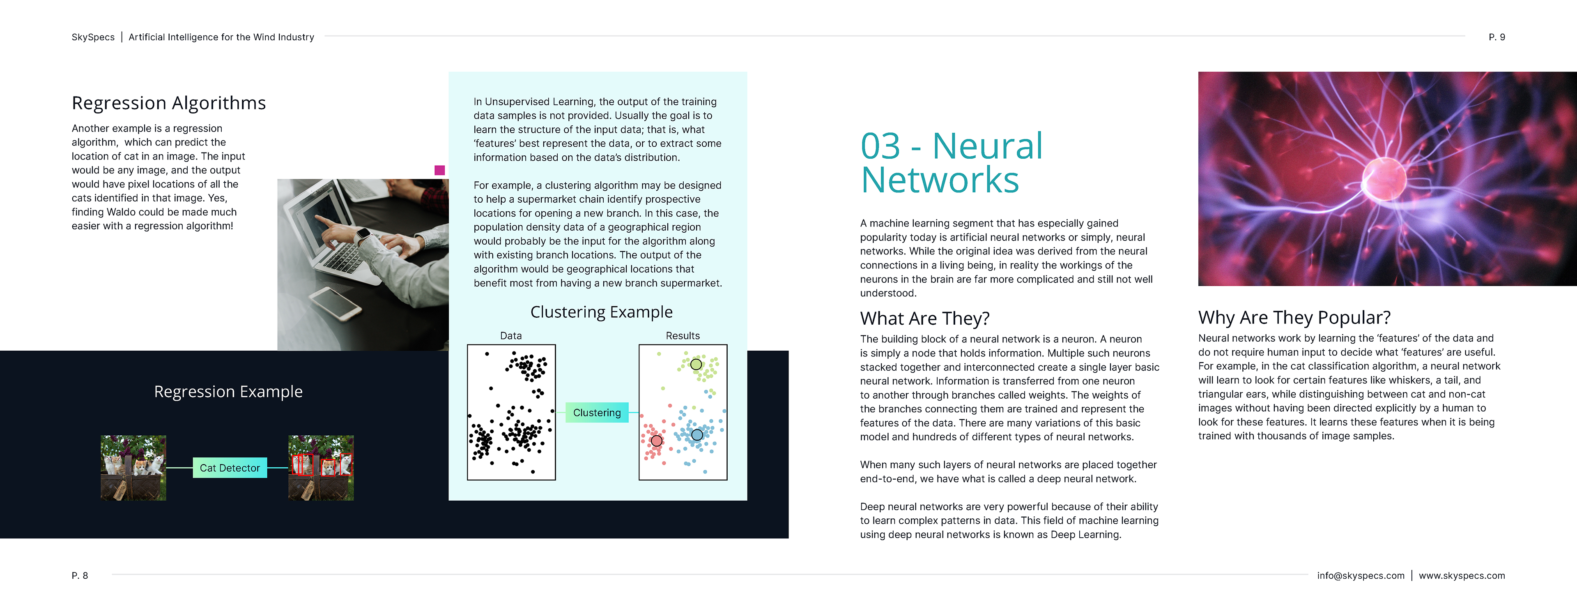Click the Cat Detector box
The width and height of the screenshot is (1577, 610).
pyautogui.click(x=230, y=468)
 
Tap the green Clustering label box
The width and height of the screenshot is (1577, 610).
pyautogui.click(x=596, y=413)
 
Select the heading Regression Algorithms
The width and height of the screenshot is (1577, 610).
pyautogui.click(x=169, y=103)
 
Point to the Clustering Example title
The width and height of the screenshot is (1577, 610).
pyautogui.click(x=601, y=312)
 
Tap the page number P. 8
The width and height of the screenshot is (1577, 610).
pyautogui.click(x=80, y=576)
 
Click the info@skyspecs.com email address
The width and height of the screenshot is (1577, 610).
pyautogui.click(x=1360, y=576)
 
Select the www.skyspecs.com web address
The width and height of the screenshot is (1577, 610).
pyautogui.click(x=1461, y=576)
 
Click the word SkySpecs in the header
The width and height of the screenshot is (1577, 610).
pyautogui.click(x=93, y=37)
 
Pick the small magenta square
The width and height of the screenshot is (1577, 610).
pyautogui.click(x=439, y=170)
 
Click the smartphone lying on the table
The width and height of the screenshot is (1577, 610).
pyautogui.click(x=335, y=303)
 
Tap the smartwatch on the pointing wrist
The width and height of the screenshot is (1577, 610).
pyautogui.click(x=363, y=235)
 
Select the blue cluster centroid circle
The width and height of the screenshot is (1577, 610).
pyautogui.click(x=697, y=435)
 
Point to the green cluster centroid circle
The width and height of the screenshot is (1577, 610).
pyautogui.click(x=696, y=365)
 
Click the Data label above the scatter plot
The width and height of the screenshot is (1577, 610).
pyautogui.click(x=510, y=335)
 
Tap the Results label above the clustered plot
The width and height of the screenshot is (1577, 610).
pyautogui.click(x=683, y=335)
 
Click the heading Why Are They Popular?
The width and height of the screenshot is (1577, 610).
pyautogui.click(x=1294, y=318)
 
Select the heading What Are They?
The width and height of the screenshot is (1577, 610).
pyautogui.click(x=924, y=319)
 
